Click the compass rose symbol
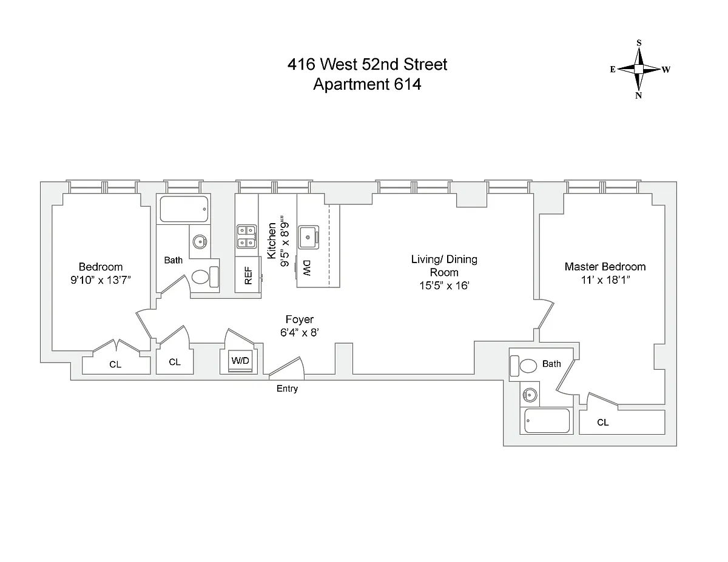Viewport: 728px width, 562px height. click(639, 69)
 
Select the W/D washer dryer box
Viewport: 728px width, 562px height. click(240, 361)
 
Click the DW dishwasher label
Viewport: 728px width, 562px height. click(307, 265)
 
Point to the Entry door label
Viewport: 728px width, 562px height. click(287, 389)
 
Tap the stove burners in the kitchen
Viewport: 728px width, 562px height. click(246, 236)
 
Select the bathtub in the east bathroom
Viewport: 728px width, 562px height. click(184, 209)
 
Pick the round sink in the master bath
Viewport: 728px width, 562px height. click(530, 395)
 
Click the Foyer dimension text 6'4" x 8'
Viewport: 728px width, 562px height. click(300, 332)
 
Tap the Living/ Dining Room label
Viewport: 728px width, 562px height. click(444, 266)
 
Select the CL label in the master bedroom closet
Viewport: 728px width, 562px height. click(602, 423)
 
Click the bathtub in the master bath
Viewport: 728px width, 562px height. click(548, 421)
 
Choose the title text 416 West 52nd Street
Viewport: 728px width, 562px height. click(367, 64)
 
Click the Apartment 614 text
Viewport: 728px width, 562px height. click(367, 84)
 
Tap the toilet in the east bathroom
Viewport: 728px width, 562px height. click(202, 277)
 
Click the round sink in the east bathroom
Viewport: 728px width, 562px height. click(200, 242)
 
